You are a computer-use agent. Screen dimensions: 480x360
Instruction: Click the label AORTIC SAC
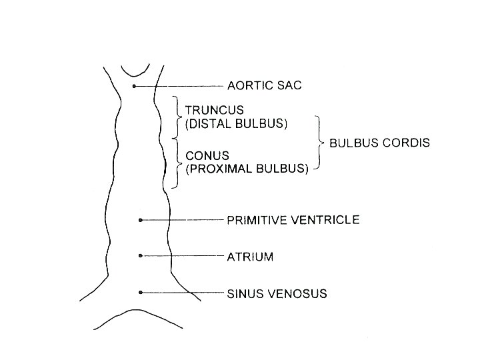(264, 86)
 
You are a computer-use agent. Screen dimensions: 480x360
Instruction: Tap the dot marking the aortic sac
(134, 87)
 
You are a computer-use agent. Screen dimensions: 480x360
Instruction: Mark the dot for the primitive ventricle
(140, 219)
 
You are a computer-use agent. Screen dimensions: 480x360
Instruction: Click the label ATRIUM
(251, 256)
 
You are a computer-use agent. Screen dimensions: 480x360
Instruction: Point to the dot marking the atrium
(140, 255)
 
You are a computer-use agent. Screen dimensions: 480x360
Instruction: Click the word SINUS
(244, 293)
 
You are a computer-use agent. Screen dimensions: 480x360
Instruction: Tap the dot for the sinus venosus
(140, 292)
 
